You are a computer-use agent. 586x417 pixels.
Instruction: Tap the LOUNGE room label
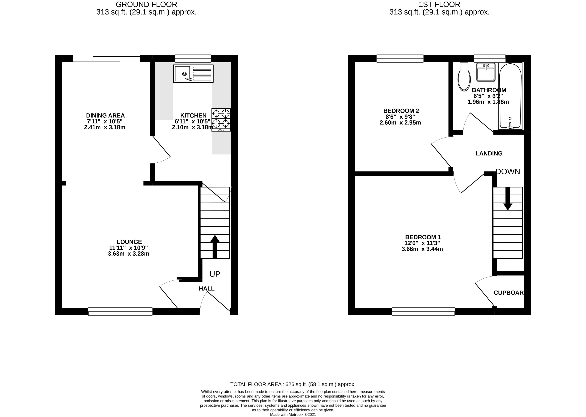pyautogui.click(x=129, y=242)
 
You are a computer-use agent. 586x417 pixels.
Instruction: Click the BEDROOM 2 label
pyautogui.click(x=401, y=111)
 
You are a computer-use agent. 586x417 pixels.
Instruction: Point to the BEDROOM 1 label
pyautogui.click(x=423, y=237)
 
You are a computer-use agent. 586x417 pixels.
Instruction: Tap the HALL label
pyautogui.click(x=207, y=288)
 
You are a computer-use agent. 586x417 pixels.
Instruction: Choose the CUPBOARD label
pyautogui.click(x=508, y=293)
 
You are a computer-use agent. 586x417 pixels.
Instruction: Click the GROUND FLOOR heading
pyautogui.click(x=146, y=4)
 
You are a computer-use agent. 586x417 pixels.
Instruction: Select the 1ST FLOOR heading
pyautogui.click(x=439, y=4)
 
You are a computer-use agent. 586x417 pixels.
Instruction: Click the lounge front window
pyautogui.click(x=120, y=311)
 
